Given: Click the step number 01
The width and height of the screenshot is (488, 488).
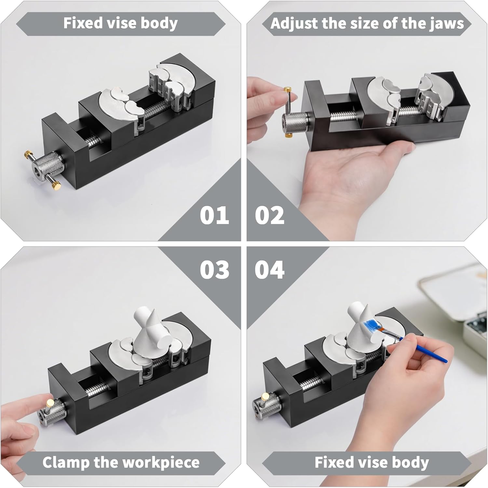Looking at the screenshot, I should (214, 216).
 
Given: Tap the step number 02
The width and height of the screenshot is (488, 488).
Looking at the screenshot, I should (269, 216).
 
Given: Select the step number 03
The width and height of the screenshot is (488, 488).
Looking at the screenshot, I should (214, 270).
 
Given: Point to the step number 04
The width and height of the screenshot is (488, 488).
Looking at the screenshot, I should (269, 270).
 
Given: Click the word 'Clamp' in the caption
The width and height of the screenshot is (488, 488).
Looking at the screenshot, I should (66, 462).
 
